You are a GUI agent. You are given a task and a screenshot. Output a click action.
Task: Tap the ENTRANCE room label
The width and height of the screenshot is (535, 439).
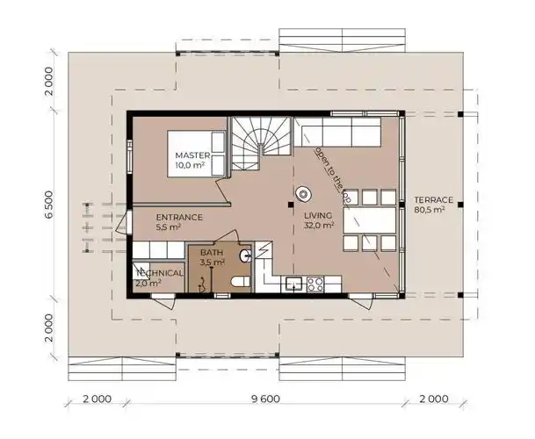(179, 217)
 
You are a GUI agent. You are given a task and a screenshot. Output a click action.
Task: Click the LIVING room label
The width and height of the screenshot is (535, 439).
(318, 214)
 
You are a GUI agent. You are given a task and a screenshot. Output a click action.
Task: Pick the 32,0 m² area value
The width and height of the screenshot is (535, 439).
(320, 226)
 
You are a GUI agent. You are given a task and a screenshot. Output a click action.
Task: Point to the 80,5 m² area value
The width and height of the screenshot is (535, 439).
(429, 210)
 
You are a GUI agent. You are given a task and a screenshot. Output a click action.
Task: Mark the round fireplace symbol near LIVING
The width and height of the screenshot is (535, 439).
(305, 192)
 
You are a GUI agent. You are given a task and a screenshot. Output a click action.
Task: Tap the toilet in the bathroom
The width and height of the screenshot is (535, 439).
(238, 281)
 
